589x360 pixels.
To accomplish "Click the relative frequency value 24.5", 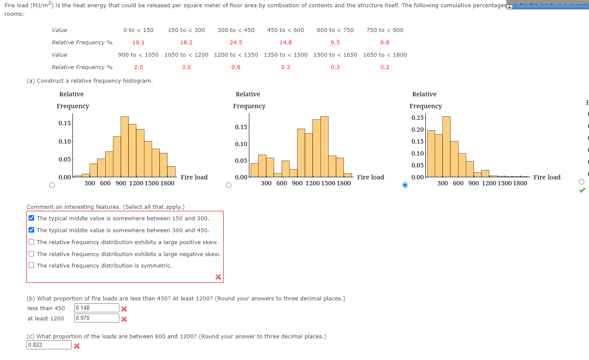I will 236,42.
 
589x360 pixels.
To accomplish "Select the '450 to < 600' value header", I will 286,30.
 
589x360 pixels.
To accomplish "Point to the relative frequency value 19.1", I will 138,42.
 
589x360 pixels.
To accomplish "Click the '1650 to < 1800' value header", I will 385,55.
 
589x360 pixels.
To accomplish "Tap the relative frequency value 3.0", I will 186,67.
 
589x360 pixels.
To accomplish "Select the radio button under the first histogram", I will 52,185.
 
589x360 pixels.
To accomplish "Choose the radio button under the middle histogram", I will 228,185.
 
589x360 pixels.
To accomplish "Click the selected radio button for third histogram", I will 405,185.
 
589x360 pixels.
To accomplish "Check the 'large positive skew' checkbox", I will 32,242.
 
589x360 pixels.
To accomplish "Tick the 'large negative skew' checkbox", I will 32,254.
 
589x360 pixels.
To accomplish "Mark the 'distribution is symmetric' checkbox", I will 32,265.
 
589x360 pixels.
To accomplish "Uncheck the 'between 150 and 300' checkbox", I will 32,218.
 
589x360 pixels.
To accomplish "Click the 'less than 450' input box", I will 96,308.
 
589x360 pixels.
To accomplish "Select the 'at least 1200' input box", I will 96,318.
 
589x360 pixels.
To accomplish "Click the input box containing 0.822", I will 49,345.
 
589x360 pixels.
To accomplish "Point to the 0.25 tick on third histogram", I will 418,118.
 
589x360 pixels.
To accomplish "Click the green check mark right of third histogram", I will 582,190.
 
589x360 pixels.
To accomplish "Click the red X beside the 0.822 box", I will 77,346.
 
